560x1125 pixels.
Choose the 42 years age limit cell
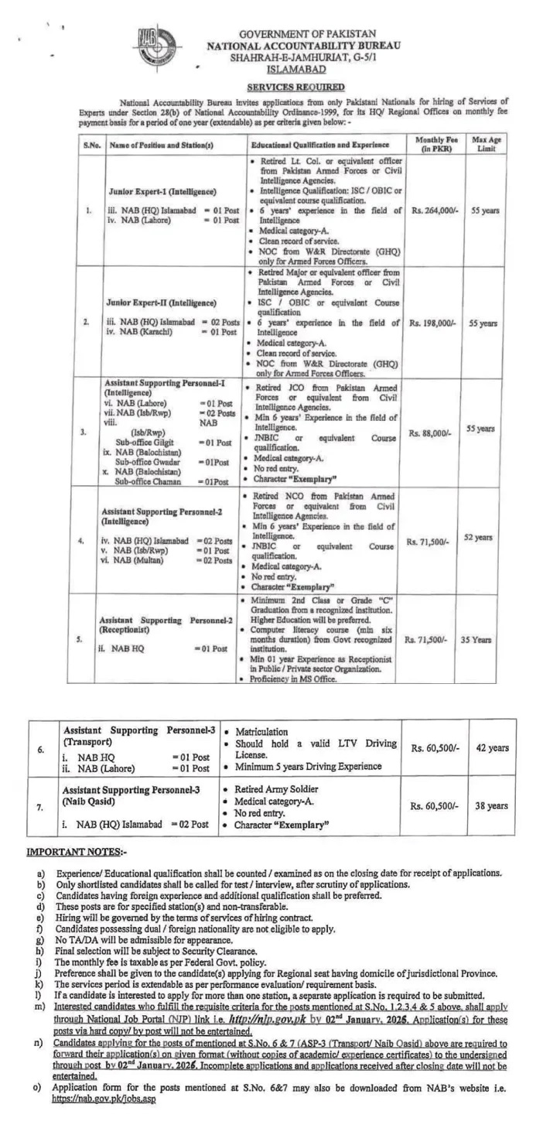point(492,747)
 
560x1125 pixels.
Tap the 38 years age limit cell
point(492,805)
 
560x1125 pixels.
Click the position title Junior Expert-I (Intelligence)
point(162,190)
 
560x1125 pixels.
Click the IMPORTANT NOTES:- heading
point(75,853)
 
